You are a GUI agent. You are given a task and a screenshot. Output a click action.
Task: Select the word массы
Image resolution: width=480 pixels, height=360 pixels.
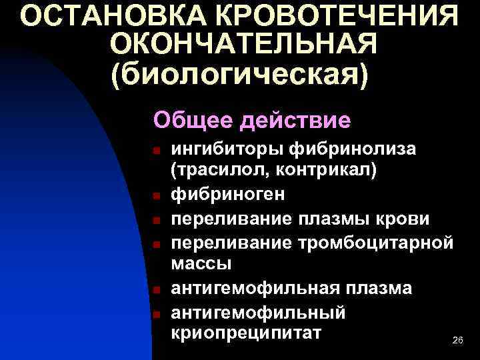[201, 263]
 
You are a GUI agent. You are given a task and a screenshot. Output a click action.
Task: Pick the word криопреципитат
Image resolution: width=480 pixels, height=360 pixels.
[246, 333]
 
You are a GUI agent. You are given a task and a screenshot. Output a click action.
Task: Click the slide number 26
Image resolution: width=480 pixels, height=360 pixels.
[457, 341]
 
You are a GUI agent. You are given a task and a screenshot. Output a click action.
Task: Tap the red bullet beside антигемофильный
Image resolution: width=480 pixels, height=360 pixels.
[155, 313]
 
